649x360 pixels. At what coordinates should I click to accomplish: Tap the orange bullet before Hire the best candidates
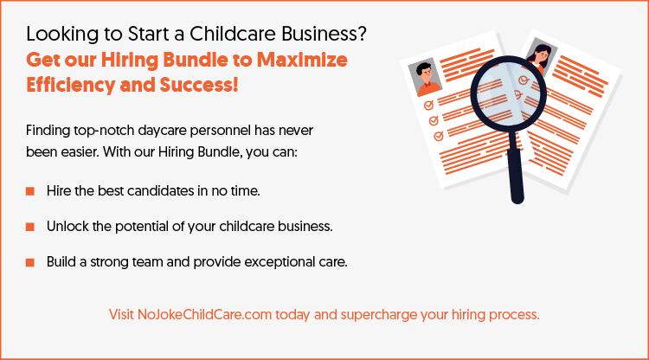coord(30,190)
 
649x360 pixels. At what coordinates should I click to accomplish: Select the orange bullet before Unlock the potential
coord(30,226)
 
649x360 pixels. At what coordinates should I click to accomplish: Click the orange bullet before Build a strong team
coord(30,262)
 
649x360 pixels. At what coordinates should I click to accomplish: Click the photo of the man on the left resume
coord(423,78)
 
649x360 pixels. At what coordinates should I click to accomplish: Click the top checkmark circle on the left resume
coord(427,105)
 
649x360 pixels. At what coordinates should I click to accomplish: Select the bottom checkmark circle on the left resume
coord(438,136)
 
